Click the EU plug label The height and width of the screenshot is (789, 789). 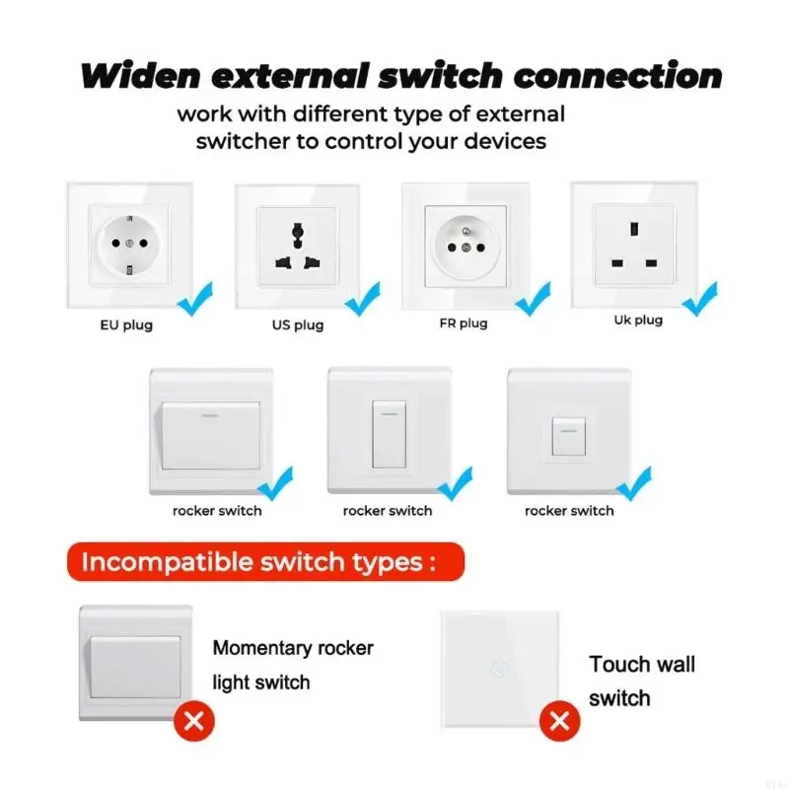(x=126, y=325)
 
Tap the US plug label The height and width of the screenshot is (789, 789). (x=298, y=325)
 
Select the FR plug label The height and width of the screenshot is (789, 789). (x=464, y=323)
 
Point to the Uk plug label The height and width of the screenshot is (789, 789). (x=638, y=320)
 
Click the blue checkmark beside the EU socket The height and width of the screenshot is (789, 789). (x=195, y=299)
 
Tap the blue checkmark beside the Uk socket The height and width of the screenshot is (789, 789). (x=700, y=299)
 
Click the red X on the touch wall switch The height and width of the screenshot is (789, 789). (x=559, y=721)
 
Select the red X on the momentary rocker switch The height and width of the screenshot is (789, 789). (x=193, y=721)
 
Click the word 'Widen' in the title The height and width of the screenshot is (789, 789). (x=140, y=76)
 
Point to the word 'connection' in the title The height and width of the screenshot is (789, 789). (x=618, y=76)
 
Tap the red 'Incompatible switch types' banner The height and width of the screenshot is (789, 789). (x=265, y=561)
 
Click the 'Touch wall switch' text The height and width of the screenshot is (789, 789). (x=642, y=681)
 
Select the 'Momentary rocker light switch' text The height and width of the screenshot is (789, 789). (x=293, y=665)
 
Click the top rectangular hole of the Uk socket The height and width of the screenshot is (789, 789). (x=634, y=230)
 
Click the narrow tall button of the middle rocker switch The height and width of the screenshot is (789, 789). (x=389, y=434)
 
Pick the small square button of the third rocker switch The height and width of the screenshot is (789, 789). (x=569, y=436)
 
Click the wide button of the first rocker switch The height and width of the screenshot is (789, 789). (x=210, y=436)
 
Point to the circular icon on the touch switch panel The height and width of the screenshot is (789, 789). (x=499, y=670)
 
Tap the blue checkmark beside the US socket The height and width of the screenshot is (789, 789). (x=363, y=299)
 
